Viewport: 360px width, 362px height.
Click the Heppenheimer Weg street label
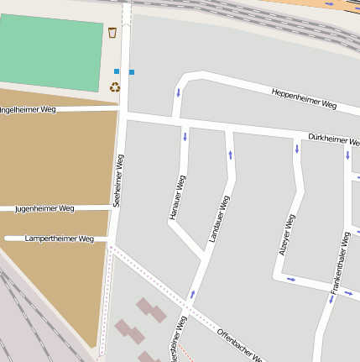[x=304, y=98]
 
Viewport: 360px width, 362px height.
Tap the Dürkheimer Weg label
[x=334, y=139]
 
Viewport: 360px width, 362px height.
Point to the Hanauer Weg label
[x=176, y=198]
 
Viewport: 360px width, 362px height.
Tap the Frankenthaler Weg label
[x=340, y=264]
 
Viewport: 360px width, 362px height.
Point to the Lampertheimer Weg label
[x=59, y=239]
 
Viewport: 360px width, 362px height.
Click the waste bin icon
[x=112, y=33]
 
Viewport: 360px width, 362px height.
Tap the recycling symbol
[x=115, y=86]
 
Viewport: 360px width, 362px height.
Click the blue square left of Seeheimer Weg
[x=117, y=71]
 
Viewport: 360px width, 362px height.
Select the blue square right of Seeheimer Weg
[x=132, y=72]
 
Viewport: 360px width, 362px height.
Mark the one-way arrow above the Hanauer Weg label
[x=185, y=135]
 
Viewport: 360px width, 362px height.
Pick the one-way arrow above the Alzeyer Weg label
[x=296, y=149]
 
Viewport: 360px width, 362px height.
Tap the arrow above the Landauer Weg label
[x=230, y=155]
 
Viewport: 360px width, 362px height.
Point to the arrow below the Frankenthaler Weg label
[x=331, y=298]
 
